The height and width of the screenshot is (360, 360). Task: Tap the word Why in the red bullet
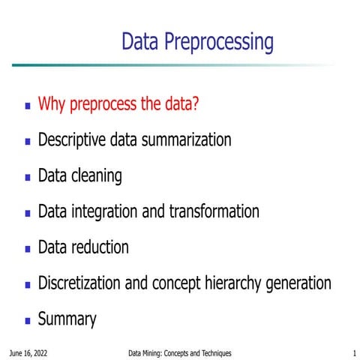[52, 104]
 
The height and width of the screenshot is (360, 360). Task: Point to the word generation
[300, 284]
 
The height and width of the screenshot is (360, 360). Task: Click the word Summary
[67, 320]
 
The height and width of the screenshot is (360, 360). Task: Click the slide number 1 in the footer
[353, 352]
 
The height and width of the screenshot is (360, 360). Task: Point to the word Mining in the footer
[155, 352]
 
